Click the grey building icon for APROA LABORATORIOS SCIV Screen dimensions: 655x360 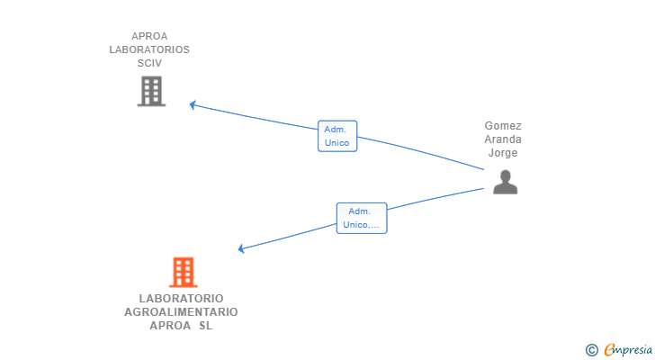tap(152, 91)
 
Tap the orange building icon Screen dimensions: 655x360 tap(183, 273)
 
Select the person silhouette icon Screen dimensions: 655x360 tap(505, 182)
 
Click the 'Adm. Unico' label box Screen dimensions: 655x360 tap(337, 136)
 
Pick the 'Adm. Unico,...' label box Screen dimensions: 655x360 tap(362, 218)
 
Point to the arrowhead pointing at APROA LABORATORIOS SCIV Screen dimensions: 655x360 tap(193, 104)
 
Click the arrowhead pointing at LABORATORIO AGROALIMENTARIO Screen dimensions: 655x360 tap(241, 249)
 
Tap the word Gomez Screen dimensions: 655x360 tap(503, 126)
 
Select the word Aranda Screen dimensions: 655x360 tap(503, 139)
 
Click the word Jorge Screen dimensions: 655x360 tap(503, 153)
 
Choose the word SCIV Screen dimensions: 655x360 tap(149, 63)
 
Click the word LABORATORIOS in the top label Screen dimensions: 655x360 tap(149, 49)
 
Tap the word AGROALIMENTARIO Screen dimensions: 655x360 tap(182, 312)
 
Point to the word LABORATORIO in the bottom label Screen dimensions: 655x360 tap(182, 299)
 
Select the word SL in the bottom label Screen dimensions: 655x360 tap(205, 325)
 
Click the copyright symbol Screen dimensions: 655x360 tap(591, 350)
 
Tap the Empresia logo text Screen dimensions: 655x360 tap(628, 350)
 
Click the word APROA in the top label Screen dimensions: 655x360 tap(149, 36)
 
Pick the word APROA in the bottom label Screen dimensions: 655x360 tap(170, 325)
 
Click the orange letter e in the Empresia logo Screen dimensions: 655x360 tap(609, 350)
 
